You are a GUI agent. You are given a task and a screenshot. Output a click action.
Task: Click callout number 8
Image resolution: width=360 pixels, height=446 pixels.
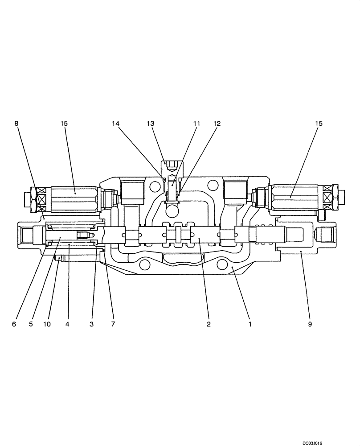click(x=16, y=123)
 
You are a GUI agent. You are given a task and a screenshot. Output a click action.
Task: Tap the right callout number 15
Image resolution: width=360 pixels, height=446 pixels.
click(x=319, y=123)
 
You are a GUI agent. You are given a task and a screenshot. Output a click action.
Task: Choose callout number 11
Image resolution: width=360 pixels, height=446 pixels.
click(x=196, y=123)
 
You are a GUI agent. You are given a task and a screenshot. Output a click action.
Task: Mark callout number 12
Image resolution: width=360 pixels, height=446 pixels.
click(x=217, y=123)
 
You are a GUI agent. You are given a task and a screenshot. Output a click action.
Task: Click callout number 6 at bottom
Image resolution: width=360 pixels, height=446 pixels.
click(x=14, y=324)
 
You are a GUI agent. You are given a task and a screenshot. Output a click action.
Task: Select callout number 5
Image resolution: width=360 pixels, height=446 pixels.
click(x=31, y=324)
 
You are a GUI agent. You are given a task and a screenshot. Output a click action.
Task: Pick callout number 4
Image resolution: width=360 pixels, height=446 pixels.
click(x=67, y=324)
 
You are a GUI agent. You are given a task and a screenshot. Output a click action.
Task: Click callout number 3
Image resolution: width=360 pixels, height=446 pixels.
click(x=91, y=324)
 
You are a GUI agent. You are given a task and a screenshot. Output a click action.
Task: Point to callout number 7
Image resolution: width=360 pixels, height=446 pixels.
click(x=113, y=324)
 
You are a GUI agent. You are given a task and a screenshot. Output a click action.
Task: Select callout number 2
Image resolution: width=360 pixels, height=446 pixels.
click(x=209, y=324)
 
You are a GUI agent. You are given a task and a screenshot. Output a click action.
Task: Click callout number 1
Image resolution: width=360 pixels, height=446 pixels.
click(x=250, y=324)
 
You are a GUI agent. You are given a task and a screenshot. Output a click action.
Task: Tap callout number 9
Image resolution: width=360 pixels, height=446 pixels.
click(x=310, y=324)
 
